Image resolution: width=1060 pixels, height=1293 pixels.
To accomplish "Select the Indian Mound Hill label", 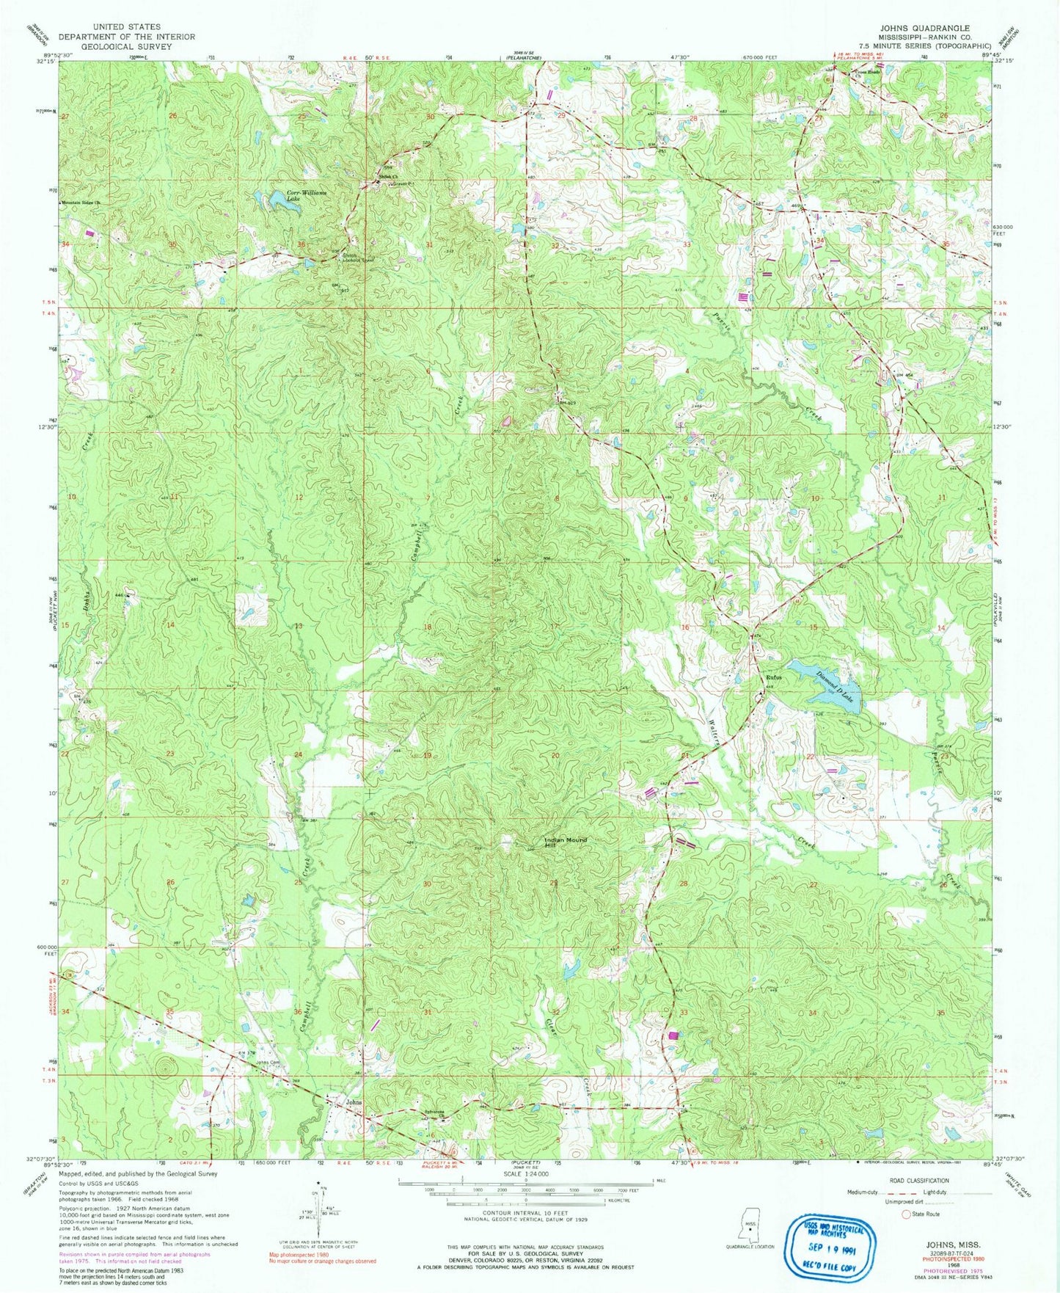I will [x=565, y=842].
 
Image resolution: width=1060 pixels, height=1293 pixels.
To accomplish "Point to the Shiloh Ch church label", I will [x=384, y=176].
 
